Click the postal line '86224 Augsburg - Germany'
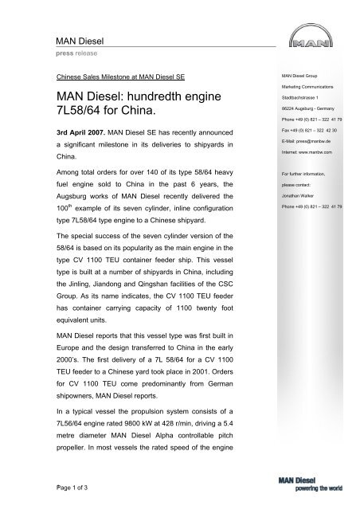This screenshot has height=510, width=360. [x=302, y=115]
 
